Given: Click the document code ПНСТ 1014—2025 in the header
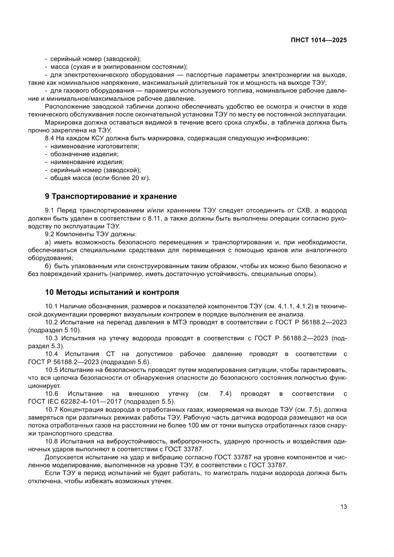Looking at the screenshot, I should coord(318,41).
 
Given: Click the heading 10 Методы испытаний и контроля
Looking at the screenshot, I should coord(112,292).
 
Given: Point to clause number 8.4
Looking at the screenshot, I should coord(50,138).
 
